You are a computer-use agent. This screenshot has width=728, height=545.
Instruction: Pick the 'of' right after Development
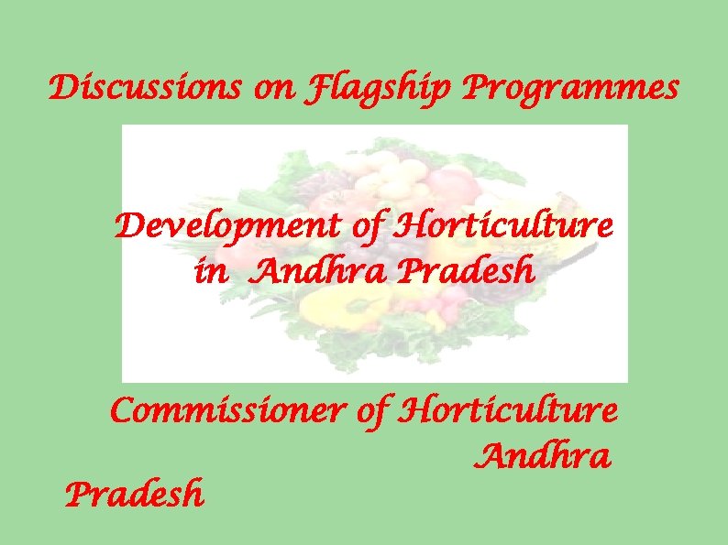click(366, 226)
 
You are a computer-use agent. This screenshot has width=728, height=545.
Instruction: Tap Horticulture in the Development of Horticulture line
click(503, 225)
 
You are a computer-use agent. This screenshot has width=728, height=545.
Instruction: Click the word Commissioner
click(226, 411)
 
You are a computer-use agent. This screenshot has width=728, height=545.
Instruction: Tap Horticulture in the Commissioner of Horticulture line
click(509, 411)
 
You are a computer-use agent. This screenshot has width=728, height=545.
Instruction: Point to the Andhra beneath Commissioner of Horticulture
click(544, 454)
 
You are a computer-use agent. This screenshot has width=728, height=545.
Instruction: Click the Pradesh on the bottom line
click(135, 495)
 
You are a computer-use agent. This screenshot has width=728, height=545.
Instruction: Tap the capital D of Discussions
click(63, 89)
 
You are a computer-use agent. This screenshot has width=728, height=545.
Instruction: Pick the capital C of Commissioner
click(123, 411)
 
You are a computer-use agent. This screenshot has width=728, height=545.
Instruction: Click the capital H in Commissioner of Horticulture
click(413, 411)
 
